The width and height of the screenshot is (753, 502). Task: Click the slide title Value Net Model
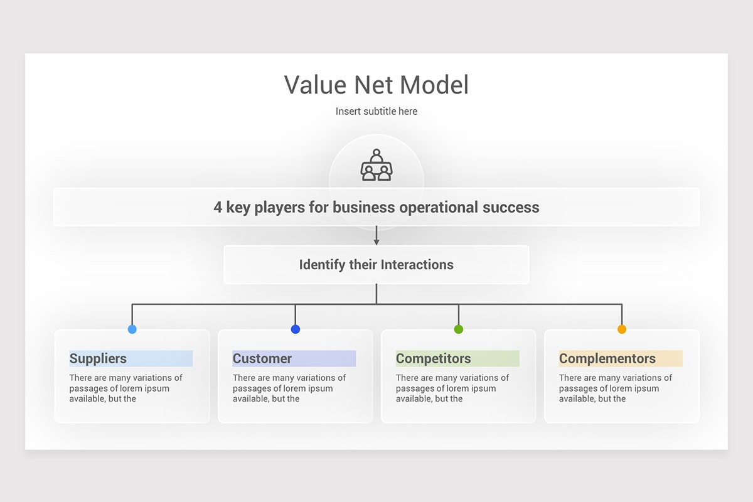click(x=376, y=85)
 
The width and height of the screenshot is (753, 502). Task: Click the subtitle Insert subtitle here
click(x=376, y=111)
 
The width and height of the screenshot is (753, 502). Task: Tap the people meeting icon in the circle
click(x=376, y=165)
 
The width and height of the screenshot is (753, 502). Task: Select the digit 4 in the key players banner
click(x=218, y=207)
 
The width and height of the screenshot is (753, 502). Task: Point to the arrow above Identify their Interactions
click(x=376, y=235)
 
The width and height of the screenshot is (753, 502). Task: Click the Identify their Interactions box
click(x=376, y=264)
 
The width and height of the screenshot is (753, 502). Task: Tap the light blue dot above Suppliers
click(x=132, y=329)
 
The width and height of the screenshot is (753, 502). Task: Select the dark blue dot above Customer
click(x=296, y=329)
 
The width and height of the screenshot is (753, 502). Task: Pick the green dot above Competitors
click(x=459, y=329)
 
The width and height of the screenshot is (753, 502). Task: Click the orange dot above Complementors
click(x=622, y=329)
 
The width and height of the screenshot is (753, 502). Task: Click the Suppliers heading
click(x=98, y=358)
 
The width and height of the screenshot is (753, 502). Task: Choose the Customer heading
click(x=262, y=358)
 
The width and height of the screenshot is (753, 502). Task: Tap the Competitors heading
click(x=434, y=358)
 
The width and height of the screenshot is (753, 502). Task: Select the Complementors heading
click(x=607, y=358)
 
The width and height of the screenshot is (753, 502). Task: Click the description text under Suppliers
click(x=125, y=388)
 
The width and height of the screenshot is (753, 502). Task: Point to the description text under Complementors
click(x=615, y=388)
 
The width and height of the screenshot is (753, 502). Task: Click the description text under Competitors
click(x=452, y=388)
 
